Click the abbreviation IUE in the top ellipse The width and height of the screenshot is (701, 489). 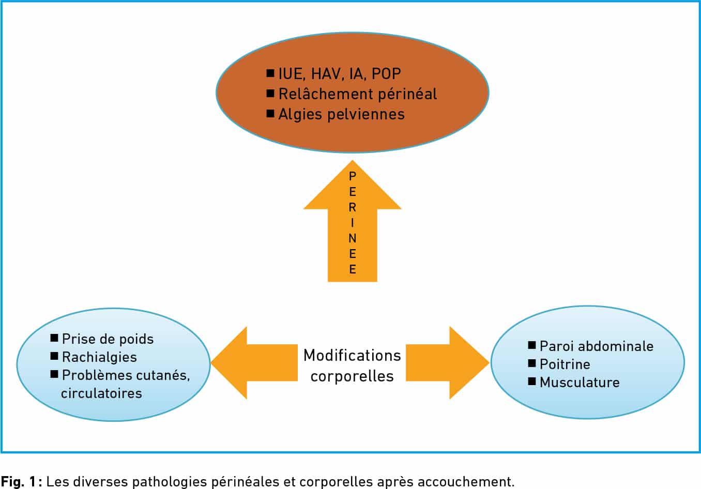291,74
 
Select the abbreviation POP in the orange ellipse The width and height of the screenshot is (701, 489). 386,74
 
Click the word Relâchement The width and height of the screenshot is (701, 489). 326,94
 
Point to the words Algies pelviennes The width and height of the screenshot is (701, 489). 341,114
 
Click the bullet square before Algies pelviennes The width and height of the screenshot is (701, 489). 270,113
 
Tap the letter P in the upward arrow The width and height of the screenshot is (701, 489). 353,176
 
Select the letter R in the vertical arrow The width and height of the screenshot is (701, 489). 353,207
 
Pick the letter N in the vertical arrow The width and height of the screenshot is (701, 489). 353,238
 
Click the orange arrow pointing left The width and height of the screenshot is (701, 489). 254,362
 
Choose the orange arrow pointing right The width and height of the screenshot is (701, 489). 448,362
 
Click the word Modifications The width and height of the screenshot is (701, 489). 352,356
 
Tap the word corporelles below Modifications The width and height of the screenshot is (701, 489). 352,376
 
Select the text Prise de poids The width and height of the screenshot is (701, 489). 108,339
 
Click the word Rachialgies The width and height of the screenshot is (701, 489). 100,357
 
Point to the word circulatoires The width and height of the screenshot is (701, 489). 101,393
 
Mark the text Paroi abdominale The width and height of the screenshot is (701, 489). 597,346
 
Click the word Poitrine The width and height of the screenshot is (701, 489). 565,364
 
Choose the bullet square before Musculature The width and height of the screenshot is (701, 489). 532,381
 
